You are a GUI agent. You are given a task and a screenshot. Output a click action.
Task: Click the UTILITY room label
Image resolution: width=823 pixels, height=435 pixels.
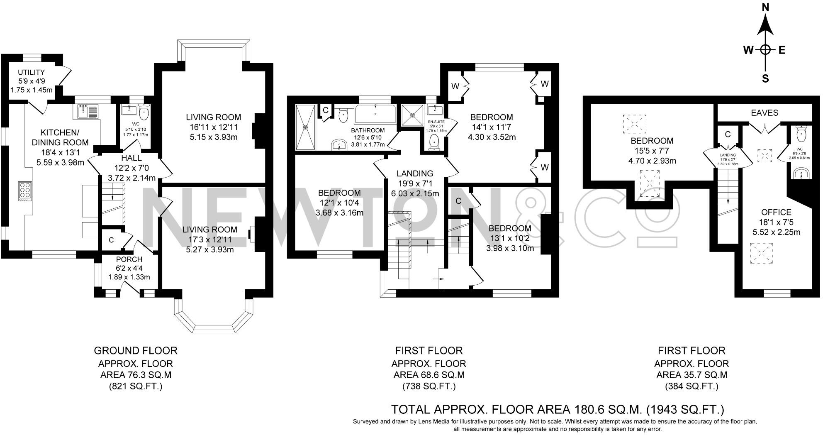[x=31, y=73]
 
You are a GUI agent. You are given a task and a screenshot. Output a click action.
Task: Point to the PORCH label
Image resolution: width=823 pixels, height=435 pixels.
[x=129, y=259]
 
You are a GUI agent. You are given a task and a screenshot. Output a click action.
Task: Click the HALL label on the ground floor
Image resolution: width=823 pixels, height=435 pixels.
[x=131, y=158]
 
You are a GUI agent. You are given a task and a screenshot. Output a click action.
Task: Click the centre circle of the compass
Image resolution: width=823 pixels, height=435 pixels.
[x=766, y=50]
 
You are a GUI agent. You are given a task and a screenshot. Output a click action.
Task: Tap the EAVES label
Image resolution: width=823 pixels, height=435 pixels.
[x=765, y=112]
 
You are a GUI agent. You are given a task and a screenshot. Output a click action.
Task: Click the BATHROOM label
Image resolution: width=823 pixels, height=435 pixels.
[x=368, y=130]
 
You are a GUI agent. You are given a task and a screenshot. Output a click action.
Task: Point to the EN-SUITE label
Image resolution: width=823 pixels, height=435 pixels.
[x=436, y=122]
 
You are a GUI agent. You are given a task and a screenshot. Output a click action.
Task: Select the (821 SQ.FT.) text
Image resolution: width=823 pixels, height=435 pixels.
[x=136, y=386]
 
